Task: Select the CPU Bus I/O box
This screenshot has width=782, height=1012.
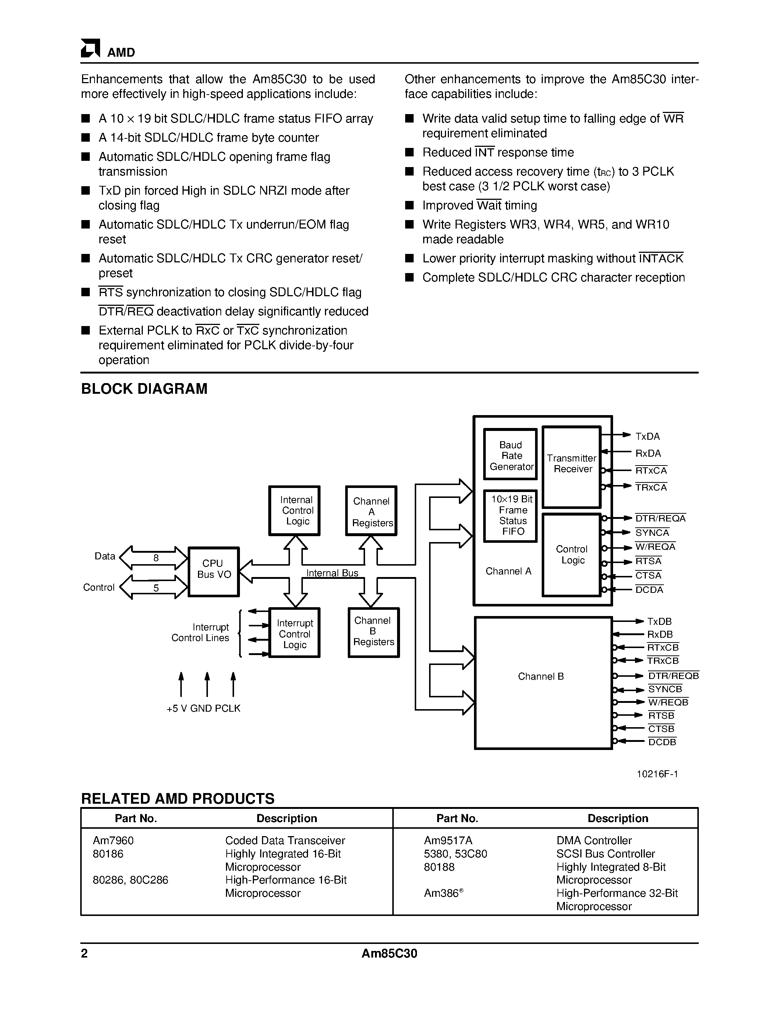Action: tap(213, 572)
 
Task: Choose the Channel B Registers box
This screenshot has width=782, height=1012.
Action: tap(374, 632)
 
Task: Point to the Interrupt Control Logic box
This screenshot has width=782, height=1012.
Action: tap(295, 633)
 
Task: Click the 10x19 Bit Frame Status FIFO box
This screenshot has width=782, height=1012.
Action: tap(510, 516)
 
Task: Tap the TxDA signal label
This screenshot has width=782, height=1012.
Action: tap(647, 436)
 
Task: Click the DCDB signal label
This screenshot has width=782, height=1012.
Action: tap(662, 742)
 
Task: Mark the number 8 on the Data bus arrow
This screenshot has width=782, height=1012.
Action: tap(156, 558)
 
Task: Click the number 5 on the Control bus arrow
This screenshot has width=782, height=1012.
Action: tap(156, 588)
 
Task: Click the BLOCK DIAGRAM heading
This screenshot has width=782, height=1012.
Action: tap(144, 389)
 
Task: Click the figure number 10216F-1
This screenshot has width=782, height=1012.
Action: tap(657, 774)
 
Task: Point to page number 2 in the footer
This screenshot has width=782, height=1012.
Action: tap(84, 953)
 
